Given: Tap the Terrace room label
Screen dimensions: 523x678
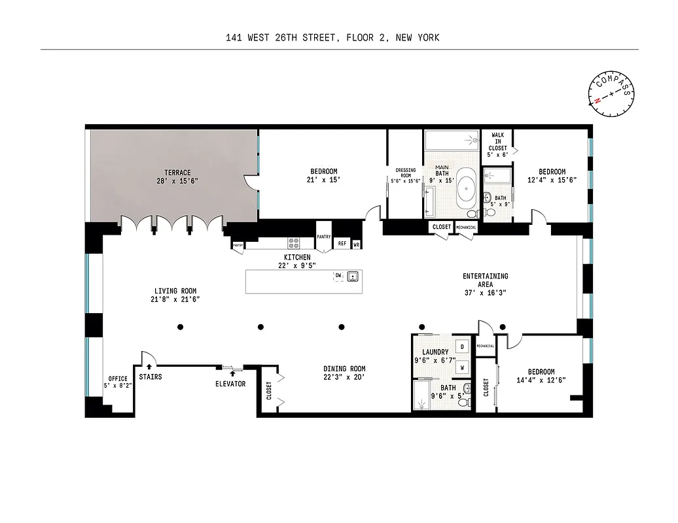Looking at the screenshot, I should (173, 173).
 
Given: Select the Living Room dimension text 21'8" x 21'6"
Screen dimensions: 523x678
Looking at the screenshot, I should (175, 299).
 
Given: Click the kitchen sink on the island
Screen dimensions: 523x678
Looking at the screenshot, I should (353, 277).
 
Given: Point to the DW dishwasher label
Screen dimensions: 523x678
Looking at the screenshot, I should (338, 276).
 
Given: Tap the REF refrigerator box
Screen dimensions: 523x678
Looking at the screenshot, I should (342, 243).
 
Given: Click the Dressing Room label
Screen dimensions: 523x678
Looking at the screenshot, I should (405, 173).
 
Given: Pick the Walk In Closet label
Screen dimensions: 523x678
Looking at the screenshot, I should (497, 141).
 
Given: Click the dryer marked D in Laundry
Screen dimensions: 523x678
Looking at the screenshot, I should (462, 346).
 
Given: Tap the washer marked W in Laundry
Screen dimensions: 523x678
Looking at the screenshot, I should (462, 367).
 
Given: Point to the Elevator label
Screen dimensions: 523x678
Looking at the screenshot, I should (230, 384).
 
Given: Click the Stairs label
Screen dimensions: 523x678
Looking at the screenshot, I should (150, 377).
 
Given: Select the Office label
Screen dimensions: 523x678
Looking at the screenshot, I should (118, 379).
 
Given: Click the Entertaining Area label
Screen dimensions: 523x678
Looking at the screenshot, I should (485, 280).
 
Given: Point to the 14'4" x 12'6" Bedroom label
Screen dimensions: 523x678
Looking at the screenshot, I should (540, 376).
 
